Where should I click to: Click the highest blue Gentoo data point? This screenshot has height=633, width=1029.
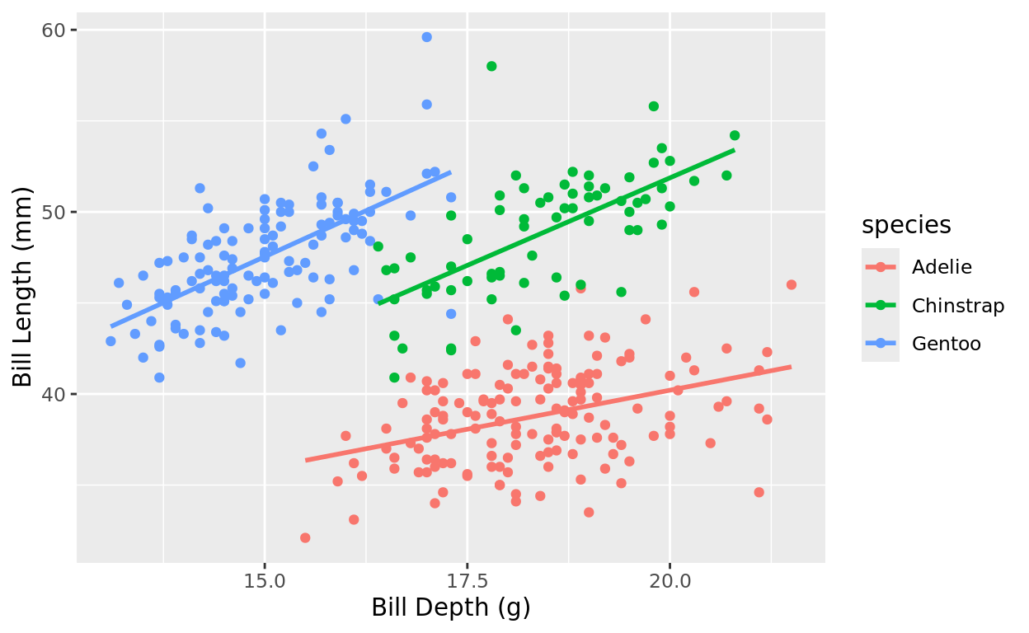[x=426, y=37]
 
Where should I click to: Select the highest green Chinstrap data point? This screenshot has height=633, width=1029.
[x=491, y=66]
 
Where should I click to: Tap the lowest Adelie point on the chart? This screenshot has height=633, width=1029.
[x=305, y=537]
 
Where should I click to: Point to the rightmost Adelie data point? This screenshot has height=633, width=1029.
[x=792, y=284]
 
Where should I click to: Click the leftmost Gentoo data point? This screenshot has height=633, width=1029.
[x=110, y=340]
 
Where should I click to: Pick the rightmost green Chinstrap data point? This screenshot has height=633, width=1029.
[x=735, y=135]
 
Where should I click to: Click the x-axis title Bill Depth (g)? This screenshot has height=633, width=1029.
[x=450, y=608]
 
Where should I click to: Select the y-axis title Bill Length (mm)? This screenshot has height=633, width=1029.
[x=23, y=287]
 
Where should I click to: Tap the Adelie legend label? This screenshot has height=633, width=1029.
[x=942, y=267]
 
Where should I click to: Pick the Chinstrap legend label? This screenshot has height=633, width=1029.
[x=958, y=306]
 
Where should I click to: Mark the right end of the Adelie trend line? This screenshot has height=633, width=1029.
[x=791, y=367]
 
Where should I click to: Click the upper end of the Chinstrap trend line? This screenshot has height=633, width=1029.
[x=734, y=150]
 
